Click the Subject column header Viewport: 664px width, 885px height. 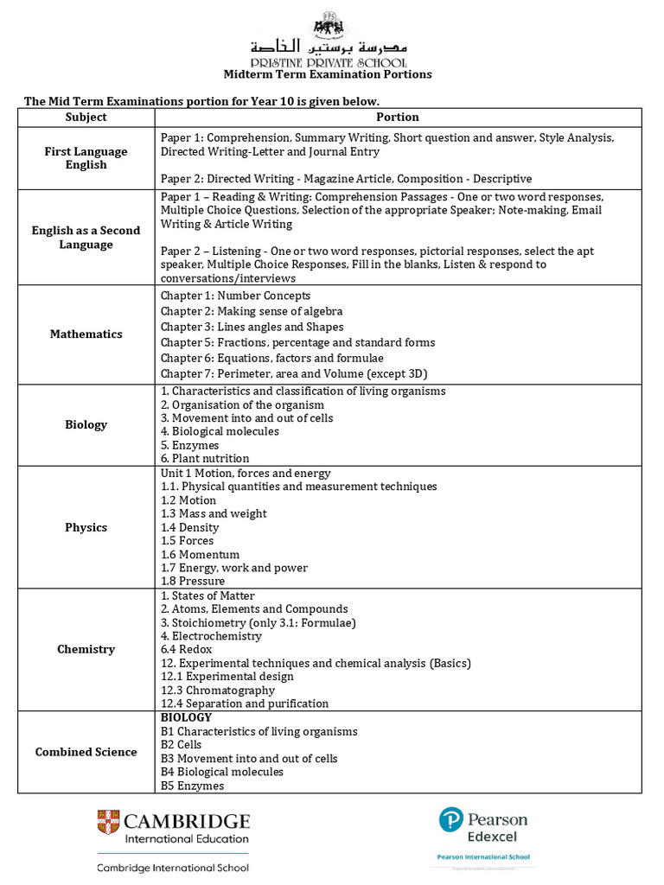click(86, 117)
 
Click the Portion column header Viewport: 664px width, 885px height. click(398, 117)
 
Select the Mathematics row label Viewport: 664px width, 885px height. click(86, 334)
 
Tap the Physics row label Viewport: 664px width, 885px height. click(86, 527)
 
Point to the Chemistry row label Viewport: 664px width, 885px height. click(86, 649)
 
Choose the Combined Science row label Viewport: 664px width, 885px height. click(86, 752)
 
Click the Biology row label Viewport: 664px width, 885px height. click(86, 424)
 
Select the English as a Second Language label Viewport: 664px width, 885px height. click(86, 238)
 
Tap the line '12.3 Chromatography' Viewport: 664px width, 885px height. click(218, 691)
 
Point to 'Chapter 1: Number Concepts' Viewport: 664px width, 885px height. click(235, 296)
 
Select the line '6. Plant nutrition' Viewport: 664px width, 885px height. click(205, 459)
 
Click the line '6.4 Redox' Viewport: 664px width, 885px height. click(186, 650)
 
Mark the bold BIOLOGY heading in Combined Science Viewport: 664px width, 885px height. click(186, 717)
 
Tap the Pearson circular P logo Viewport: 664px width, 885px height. click(450, 819)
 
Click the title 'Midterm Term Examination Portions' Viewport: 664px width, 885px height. click(328, 74)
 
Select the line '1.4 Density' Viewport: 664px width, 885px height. click(190, 527)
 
